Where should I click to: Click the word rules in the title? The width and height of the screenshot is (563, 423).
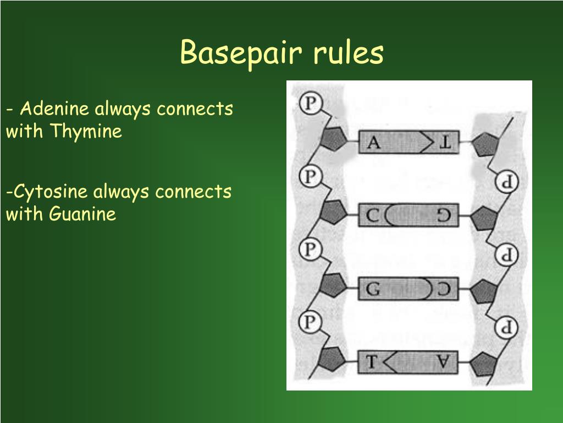tap(348, 52)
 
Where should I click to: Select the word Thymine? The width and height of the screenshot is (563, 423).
tap(86, 131)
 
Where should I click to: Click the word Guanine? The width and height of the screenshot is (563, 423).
tap(82, 214)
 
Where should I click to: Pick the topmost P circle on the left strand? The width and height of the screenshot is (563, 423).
tap(311, 103)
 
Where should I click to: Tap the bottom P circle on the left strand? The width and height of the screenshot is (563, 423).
tap(310, 321)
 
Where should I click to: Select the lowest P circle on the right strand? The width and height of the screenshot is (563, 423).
tap(506, 327)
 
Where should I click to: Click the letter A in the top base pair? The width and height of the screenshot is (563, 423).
tap(373, 143)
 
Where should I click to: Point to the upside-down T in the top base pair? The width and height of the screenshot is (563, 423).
tap(445, 143)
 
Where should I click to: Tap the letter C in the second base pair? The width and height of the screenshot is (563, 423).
tap(372, 216)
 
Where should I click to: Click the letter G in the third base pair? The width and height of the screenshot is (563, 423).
tap(373, 289)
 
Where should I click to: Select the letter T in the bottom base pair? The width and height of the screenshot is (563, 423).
tap(371, 361)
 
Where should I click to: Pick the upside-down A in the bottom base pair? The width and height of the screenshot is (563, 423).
tap(443, 361)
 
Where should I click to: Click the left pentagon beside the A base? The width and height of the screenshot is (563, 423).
tap(333, 139)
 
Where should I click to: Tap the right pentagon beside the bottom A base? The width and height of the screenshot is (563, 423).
tap(484, 365)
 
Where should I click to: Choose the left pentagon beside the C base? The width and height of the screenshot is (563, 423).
tap(333, 212)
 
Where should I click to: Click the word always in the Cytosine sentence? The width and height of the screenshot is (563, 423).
tap(121, 192)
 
